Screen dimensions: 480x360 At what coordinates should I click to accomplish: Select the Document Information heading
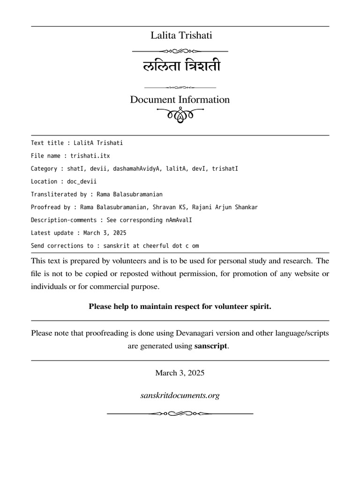click(180, 100)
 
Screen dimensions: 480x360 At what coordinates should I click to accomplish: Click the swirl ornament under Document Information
click(180, 114)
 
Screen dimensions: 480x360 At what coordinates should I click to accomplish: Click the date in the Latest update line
click(105, 232)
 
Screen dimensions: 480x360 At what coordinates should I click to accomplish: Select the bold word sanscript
click(210, 346)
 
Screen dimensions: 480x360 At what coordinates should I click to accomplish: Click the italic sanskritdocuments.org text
click(180, 396)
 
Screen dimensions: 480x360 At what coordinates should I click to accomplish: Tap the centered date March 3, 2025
click(180, 373)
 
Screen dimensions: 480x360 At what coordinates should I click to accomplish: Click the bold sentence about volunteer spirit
click(180, 307)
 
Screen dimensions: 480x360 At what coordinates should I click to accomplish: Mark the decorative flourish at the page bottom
click(180, 413)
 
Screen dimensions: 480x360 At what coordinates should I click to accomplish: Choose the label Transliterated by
click(59, 194)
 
